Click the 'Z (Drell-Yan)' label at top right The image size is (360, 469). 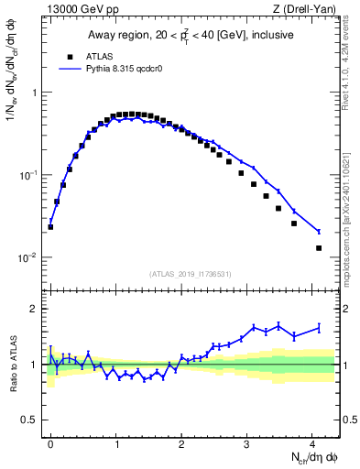307,10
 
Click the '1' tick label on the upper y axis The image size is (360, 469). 34,93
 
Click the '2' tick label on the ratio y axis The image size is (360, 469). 34,309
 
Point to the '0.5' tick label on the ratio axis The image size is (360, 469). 29,420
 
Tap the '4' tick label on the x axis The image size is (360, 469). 312,443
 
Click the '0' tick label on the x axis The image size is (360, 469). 51,443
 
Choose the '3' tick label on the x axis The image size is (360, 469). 247,443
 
